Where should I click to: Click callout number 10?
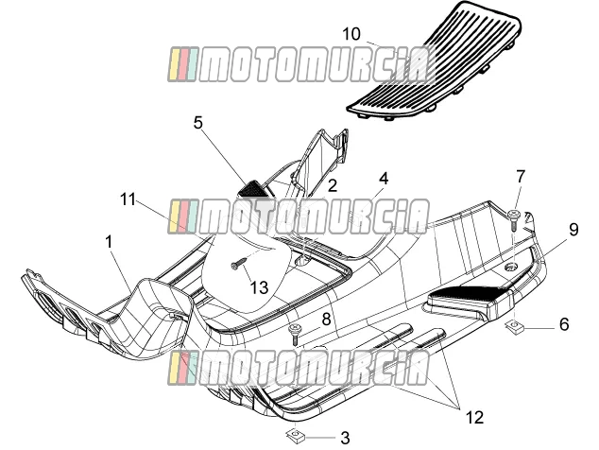click(351, 34)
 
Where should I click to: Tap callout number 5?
click(197, 123)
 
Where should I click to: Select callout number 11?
click(128, 199)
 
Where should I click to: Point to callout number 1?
click(110, 242)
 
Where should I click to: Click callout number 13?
click(259, 287)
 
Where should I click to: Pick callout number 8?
click(326, 320)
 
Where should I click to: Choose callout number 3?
click(345, 438)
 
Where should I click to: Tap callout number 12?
click(475, 418)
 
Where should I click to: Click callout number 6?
click(564, 324)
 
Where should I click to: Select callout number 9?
click(573, 230)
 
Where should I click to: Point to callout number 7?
click(521, 176)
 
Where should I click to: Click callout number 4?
click(384, 178)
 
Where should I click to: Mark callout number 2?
click(333, 186)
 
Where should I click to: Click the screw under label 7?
click(514, 220)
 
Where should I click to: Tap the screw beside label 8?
click(295, 335)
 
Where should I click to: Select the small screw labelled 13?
click(238, 263)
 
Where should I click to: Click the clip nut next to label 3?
click(295, 435)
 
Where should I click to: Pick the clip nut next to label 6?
click(514, 327)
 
